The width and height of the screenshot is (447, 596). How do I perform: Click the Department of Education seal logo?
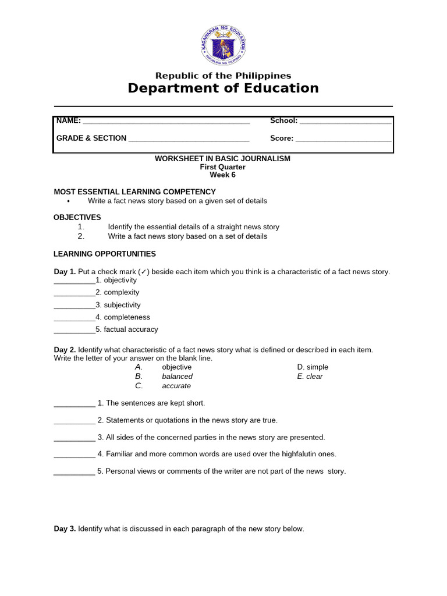coord(223,45)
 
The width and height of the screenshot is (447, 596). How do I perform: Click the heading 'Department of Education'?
coord(223,88)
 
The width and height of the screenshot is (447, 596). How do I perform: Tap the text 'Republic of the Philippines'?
coord(223,76)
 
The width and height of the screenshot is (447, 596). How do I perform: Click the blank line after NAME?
coord(166,122)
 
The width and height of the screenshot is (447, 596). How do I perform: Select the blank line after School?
coord(345,122)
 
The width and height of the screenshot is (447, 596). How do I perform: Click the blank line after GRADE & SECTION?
coord(189,139)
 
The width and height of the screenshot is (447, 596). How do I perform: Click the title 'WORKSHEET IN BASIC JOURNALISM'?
coord(222,158)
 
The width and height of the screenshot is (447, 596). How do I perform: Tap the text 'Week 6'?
coord(223,175)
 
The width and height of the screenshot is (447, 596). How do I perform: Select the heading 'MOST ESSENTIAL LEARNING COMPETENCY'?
coord(134,191)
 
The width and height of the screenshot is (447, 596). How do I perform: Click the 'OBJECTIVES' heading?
coord(77,217)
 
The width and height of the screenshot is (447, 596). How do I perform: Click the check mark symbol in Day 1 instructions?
coord(143,272)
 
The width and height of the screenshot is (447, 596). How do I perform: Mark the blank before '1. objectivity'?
coord(74,281)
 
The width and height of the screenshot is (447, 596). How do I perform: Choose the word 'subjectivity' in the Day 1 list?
coord(122,305)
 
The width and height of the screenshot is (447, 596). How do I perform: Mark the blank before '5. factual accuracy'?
coord(74,330)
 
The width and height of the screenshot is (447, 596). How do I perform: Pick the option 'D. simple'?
coord(313,367)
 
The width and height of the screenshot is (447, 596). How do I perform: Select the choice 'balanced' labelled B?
coord(177,377)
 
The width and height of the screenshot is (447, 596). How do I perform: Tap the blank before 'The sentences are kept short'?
coord(74,403)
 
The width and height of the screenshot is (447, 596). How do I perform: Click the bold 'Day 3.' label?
coord(65,529)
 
